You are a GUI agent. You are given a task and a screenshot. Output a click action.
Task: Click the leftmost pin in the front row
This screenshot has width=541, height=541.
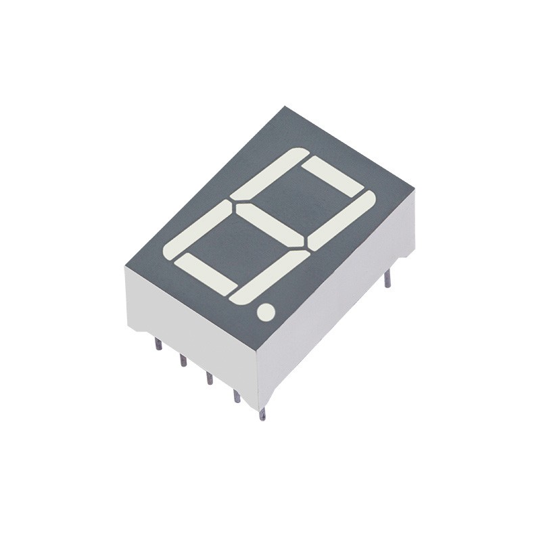coord(157,344)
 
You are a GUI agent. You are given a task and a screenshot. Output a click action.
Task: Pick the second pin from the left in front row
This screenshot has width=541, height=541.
coord(182,360)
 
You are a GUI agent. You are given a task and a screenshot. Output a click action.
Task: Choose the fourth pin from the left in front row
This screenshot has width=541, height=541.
coord(236,399)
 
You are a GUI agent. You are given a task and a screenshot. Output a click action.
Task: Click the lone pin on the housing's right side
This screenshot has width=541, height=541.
coord(388,279)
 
